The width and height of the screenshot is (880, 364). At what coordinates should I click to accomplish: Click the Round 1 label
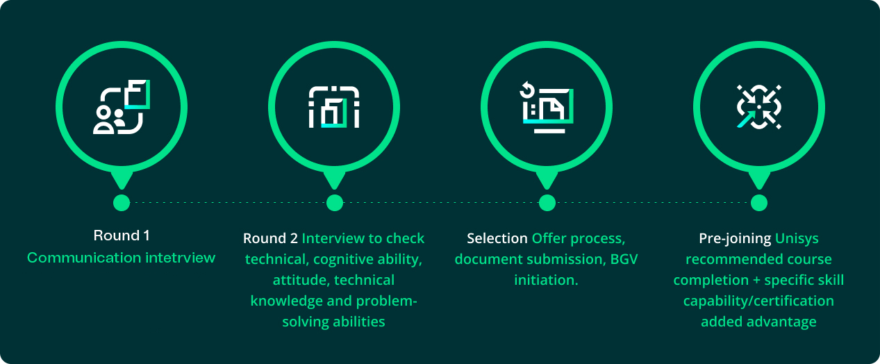[122, 235]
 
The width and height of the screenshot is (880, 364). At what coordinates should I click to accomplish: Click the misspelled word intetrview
[181, 258]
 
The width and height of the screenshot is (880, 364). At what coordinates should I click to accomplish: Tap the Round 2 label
[269, 238]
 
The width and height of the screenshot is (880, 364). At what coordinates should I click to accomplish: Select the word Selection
[497, 238]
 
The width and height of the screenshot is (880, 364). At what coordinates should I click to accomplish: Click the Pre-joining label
[735, 238]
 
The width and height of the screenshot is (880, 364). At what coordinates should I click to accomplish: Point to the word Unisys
[797, 238]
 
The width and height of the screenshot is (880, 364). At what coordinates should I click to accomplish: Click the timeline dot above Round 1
[122, 202]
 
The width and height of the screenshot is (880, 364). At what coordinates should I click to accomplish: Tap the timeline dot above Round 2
[335, 202]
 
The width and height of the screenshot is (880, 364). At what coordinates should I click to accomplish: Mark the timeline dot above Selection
[547, 202]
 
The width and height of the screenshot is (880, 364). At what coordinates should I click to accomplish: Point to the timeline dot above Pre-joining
[759, 202]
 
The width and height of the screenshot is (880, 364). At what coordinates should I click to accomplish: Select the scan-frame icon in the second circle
[334, 107]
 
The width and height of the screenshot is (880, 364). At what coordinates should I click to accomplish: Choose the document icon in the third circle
[547, 107]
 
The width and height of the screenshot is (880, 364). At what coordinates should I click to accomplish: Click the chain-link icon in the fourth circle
[759, 107]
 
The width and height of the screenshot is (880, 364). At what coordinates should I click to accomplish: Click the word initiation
[546, 280]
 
